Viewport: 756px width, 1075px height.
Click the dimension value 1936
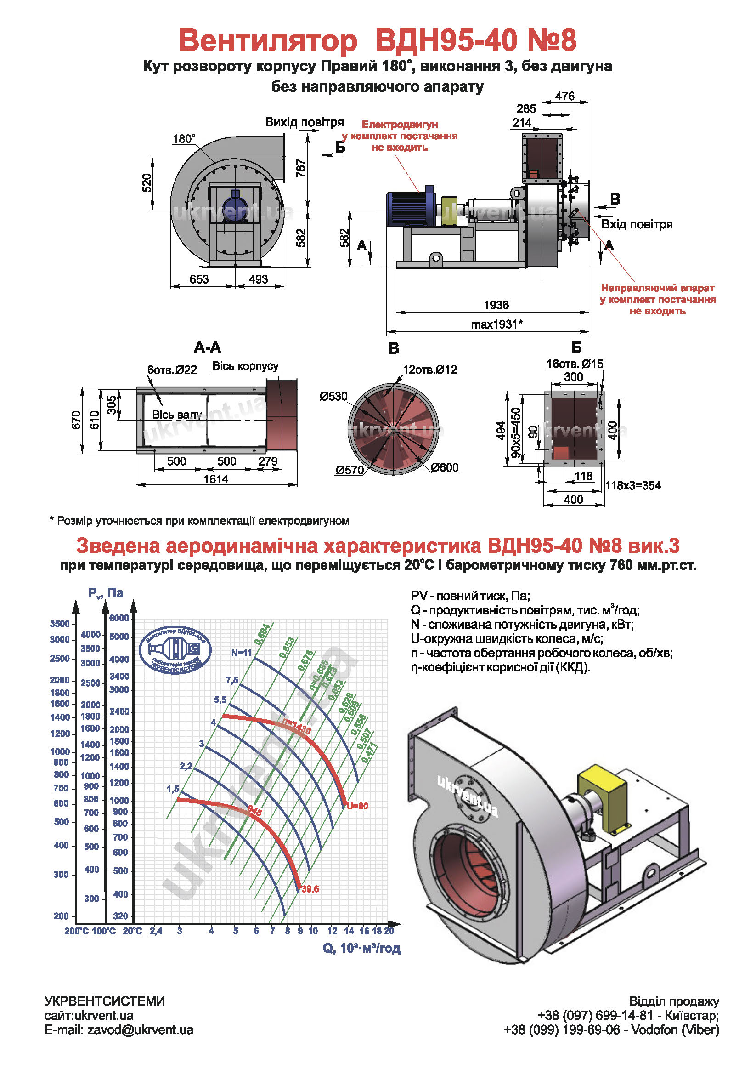point(496,305)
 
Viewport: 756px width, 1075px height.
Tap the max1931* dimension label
point(496,324)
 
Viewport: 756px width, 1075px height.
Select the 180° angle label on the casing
point(183,139)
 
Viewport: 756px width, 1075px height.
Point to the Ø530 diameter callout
point(333,397)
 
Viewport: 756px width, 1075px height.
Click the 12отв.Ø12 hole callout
point(429,370)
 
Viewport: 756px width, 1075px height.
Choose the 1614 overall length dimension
point(216,479)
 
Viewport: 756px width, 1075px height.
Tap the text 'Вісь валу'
point(177,415)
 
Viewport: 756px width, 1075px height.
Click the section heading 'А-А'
point(207,347)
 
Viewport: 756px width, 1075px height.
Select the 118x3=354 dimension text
point(633,485)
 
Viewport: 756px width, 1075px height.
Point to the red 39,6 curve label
point(310,889)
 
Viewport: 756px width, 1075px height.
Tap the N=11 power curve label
point(242,653)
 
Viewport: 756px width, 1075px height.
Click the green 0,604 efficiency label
point(262,634)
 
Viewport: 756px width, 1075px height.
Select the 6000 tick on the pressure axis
point(119,618)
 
